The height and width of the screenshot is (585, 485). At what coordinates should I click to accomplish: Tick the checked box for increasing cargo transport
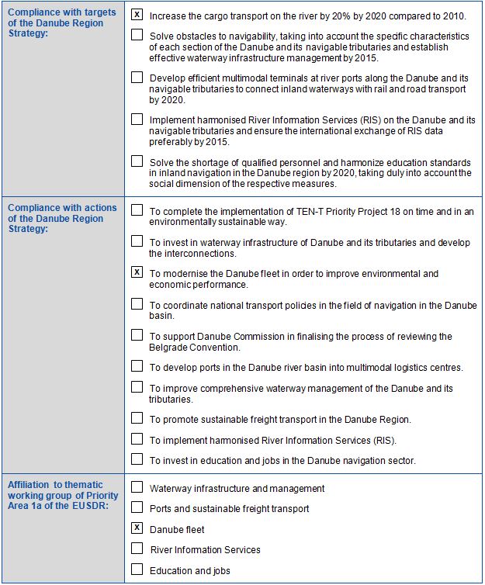point(137,15)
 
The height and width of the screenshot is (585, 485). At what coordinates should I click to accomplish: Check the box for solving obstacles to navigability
point(137,35)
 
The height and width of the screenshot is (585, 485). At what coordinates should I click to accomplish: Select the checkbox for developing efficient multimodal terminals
point(137,78)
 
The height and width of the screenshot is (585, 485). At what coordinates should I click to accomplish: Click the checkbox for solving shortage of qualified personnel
point(137,161)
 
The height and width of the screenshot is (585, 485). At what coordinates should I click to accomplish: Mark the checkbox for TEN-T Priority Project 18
point(137,209)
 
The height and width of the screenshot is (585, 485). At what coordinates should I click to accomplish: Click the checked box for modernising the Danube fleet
point(137,272)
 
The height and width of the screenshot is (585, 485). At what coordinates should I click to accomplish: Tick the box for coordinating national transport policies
point(137,304)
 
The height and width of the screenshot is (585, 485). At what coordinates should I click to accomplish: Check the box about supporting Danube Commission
point(137,335)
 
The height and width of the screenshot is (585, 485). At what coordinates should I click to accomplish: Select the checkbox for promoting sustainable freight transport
point(137,418)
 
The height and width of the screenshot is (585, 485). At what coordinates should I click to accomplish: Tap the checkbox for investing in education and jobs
point(137,459)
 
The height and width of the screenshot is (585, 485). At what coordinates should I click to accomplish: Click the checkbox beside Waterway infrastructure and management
point(137,487)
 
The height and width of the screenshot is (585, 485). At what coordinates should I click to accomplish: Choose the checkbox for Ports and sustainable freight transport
point(137,507)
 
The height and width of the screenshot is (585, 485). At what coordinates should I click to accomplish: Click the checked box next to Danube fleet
point(137,528)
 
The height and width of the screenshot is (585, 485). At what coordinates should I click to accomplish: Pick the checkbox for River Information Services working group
point(137,549)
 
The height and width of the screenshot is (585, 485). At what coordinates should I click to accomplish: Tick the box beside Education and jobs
point(137,569)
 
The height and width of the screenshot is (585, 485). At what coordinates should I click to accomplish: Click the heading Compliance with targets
point(61,13)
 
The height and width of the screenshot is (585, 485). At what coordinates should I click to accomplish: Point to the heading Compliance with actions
point(61,208)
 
